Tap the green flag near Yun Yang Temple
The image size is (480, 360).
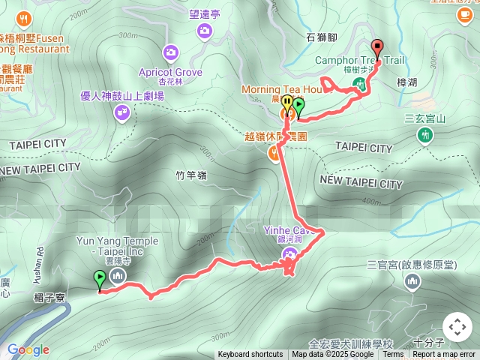click(100, 280)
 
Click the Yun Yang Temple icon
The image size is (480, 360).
click(117, 277)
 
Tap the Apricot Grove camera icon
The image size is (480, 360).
click(170, 52)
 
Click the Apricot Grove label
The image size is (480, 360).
click(170, 73)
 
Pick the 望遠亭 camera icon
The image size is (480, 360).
click(204, 30)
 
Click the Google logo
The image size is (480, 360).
click(28, 349)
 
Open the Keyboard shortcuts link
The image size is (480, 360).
click(250, 355)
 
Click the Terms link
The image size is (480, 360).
click(393, 355)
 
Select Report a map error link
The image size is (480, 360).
click(444, 355)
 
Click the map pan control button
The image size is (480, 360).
click(457, 327)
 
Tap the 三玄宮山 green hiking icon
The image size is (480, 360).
click(425, 135)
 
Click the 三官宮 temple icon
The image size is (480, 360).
click(411, 282)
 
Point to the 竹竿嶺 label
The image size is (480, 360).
click(190, 175)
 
